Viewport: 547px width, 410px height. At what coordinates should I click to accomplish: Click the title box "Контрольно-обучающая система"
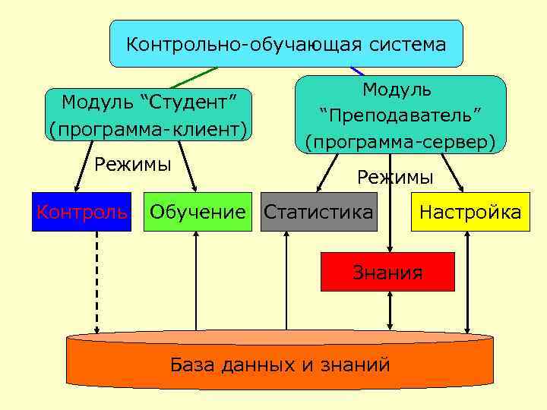286,44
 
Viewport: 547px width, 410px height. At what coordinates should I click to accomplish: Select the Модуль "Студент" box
148,114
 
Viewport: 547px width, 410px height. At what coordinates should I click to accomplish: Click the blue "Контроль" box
81,212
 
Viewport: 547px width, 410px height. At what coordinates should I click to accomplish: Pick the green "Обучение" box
198,212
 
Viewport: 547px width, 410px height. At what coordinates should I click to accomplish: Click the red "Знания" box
387,272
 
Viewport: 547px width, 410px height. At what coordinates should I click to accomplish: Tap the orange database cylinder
280,362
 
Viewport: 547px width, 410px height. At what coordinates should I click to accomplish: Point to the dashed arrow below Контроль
97,281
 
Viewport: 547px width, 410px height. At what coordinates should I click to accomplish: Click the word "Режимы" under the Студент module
132,164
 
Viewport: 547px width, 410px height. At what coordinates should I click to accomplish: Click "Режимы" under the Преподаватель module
395,178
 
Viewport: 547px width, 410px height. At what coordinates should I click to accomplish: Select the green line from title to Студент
193,77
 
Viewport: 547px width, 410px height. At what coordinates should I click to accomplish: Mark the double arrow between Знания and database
389,311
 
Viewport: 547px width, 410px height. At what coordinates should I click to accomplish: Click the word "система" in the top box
409,45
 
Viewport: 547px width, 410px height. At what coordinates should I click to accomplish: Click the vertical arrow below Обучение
197,281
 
